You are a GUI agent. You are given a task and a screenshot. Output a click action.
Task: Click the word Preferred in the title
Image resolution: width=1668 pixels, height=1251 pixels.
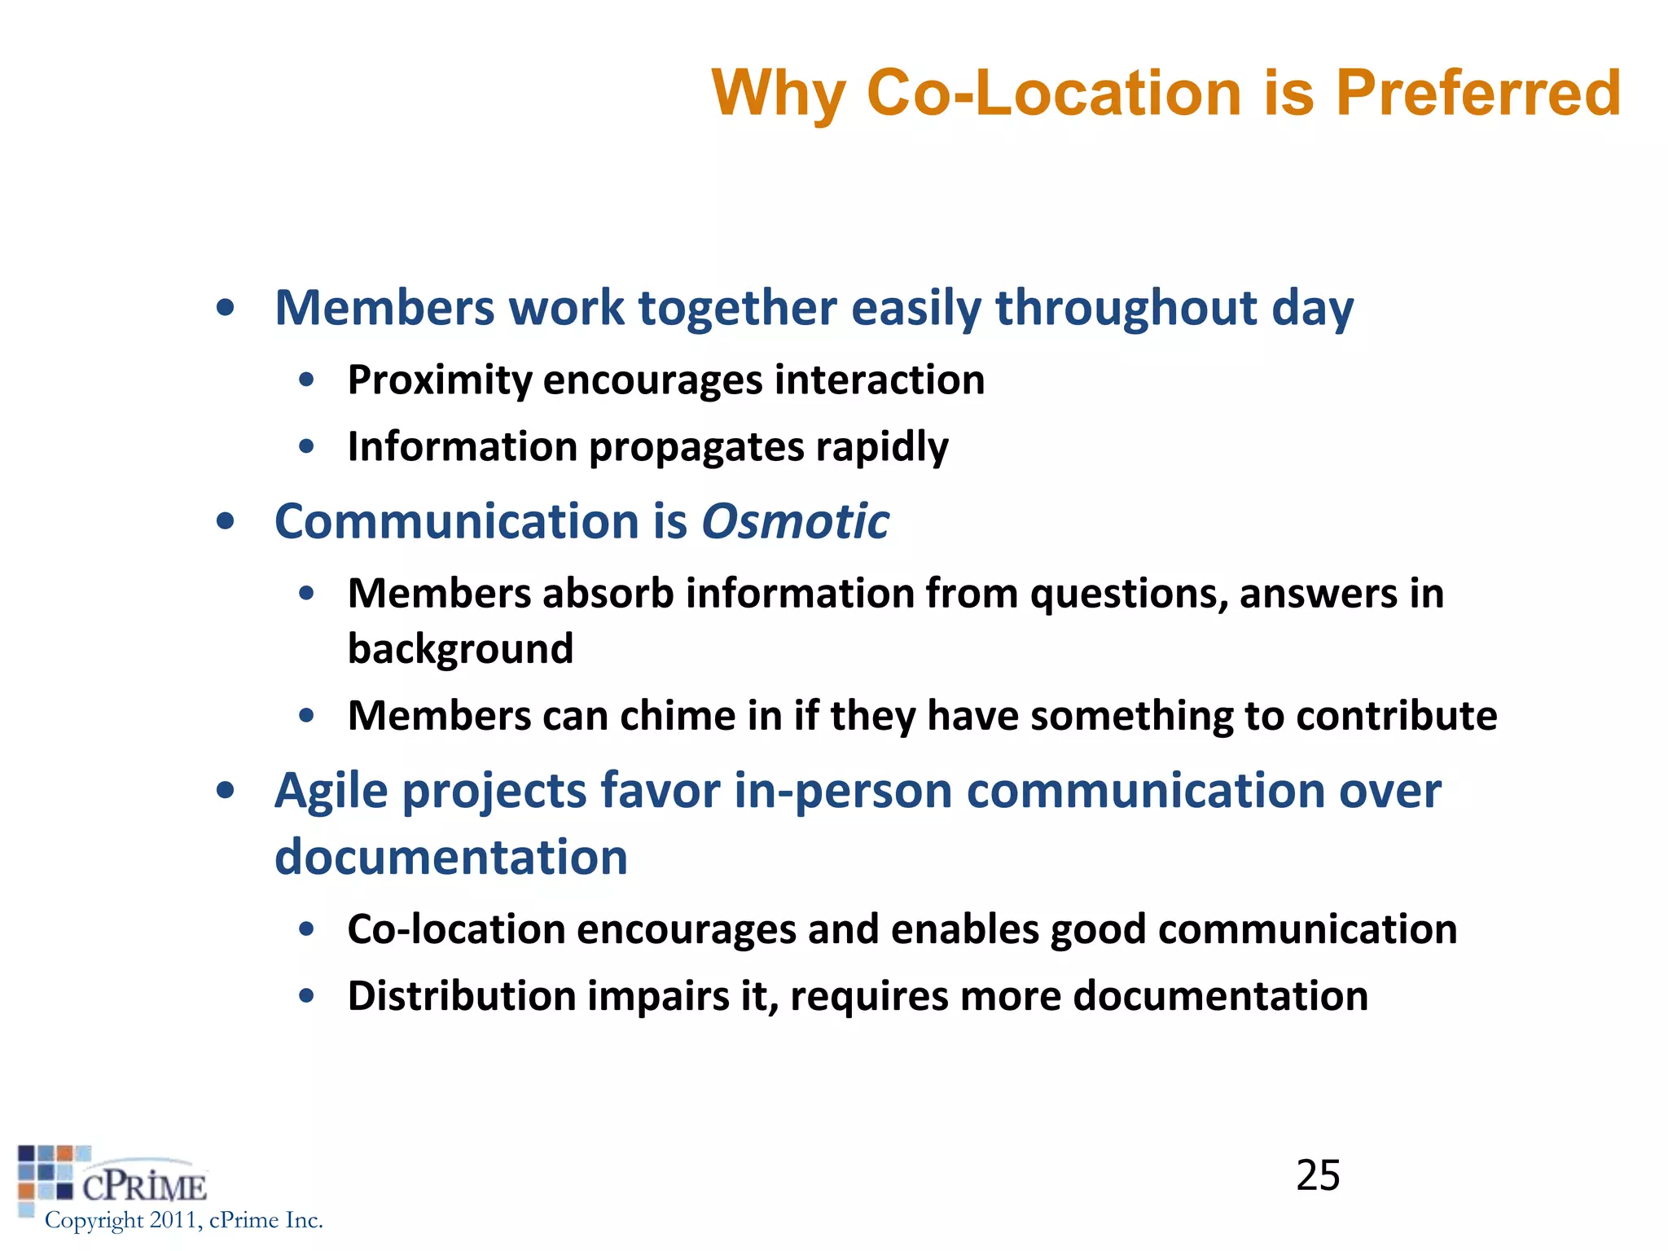coord(1477,93)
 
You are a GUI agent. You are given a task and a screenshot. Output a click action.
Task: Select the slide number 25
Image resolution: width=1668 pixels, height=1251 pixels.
coord(1318,1175)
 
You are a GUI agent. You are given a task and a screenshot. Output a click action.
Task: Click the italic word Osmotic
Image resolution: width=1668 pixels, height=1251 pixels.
coord(795,521)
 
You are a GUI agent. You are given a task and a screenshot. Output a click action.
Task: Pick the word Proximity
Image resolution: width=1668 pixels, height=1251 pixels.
coord(439,380)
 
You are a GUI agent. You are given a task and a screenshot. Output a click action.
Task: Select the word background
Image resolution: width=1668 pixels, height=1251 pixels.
coord(460,649)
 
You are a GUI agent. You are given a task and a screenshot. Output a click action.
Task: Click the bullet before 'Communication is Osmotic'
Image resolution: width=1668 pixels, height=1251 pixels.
coord(226,521)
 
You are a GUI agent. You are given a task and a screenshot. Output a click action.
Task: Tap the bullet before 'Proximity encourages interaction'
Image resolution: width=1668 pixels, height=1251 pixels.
coord(306,380)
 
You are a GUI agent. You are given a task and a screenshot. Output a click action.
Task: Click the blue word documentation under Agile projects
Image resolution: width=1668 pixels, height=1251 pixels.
coord(450,858)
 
